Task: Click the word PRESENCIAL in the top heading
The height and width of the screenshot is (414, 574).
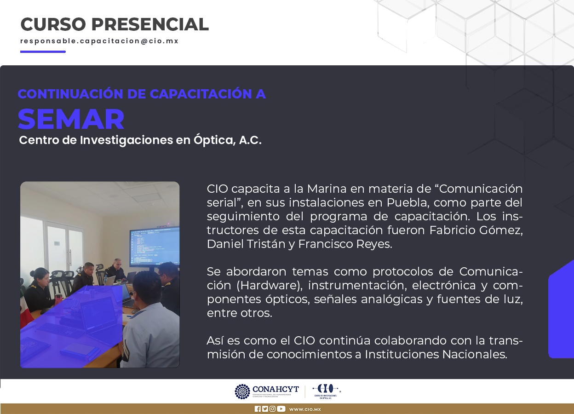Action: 150,24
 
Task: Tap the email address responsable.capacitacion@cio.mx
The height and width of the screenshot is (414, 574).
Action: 99,41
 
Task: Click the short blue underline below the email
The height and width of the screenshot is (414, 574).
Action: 43,52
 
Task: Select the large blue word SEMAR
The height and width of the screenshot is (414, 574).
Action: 71,119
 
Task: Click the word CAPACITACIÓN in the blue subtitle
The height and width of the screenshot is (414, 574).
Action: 201,93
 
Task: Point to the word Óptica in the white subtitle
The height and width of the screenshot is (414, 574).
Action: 214,140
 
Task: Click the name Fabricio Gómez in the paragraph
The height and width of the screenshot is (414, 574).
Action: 476,230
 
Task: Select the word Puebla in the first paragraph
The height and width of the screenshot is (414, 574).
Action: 408,202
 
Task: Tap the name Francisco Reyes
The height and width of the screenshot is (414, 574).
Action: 345,244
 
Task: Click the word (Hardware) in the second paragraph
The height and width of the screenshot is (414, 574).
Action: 270,285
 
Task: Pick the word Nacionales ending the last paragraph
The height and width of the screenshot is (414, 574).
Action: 475,354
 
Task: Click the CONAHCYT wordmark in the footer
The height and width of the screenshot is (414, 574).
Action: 276,389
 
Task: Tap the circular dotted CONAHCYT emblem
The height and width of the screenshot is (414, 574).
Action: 242,391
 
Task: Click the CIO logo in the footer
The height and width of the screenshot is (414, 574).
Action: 327,391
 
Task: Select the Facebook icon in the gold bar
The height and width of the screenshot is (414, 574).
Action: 258,408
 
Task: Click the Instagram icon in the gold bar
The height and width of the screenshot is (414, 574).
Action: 273,408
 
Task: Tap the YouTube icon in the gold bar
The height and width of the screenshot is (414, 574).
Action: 281,408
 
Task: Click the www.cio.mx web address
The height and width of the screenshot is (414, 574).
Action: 305,409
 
